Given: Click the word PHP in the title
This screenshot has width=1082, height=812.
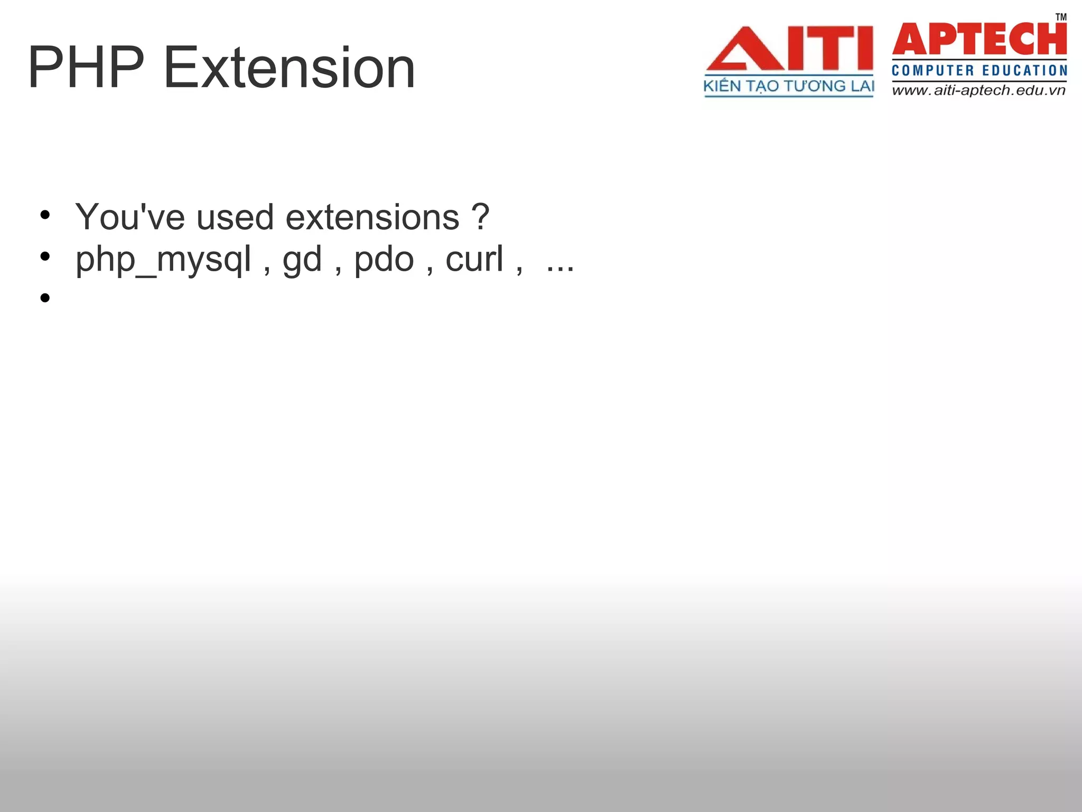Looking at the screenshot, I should pos(86,68).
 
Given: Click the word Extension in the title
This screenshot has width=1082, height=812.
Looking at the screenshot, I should pos(290,68).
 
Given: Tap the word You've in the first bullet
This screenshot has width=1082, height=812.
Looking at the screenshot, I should pos(129,217).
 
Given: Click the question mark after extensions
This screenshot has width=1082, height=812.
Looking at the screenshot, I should pos(480,217).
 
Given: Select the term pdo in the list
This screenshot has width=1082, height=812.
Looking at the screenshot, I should pos(384,259).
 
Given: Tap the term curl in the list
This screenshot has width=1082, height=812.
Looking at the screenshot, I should pos(474,259).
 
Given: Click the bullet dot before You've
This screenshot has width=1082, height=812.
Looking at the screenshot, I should pos(45,215).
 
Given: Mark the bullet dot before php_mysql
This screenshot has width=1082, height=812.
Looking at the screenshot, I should pos(45,256).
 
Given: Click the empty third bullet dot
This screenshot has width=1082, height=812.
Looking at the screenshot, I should pos(45,298).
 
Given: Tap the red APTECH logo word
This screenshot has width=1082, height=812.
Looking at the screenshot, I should pos(980,39).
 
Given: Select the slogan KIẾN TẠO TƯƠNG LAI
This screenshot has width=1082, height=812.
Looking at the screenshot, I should pos(789,86).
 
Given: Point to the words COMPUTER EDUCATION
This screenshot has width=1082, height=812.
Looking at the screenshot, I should pos(980,70).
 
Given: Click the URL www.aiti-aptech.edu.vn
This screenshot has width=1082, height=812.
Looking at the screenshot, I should pos(979,90).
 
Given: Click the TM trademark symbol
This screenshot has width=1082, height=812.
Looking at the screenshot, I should pos(1061,17).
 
